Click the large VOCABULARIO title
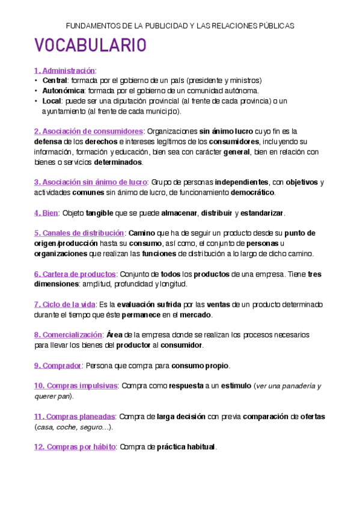point(91,46)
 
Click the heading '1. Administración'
point(65,70)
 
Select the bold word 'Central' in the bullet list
point(55,81)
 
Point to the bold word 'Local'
point(52,101)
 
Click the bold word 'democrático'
point(249,192)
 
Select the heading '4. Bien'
point(46,213)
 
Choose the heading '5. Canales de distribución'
point(79,233)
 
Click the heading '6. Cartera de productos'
point(75,274)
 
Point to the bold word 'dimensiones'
point(56,284)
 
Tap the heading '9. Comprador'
point(57,365)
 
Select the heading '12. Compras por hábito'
point(75,447)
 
